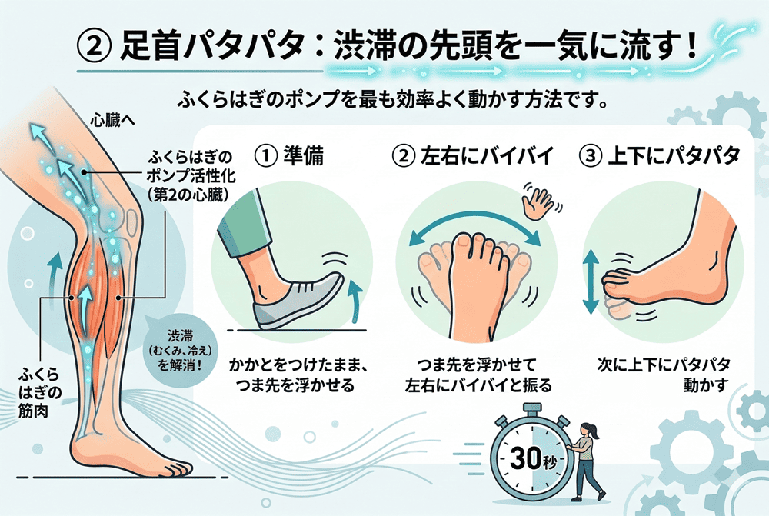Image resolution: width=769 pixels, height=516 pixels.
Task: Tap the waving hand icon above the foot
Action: [x=538, y=201]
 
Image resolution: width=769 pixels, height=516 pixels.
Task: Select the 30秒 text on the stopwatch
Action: [x=533, y=458]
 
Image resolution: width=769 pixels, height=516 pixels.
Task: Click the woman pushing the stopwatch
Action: [x=587, y=462]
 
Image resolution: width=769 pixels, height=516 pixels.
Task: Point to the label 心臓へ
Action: [x=113, y=121]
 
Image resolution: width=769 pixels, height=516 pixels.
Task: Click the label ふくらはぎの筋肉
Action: [x=40, y=393]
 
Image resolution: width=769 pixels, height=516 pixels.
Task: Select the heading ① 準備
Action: [x=289, y=156]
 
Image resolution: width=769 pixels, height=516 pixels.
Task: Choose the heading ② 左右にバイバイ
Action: [x=473, y=156]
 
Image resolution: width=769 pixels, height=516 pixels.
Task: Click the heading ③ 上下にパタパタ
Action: [x=659, y=156]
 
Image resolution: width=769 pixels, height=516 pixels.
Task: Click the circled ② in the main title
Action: [x=92, y=46]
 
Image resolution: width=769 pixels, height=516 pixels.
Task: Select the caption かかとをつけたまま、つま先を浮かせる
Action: [x=298, y=375]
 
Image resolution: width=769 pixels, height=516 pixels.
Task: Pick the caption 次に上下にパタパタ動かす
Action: [x=664, y=375]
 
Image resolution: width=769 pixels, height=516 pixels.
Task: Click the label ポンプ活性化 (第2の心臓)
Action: [x=189, y=176]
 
